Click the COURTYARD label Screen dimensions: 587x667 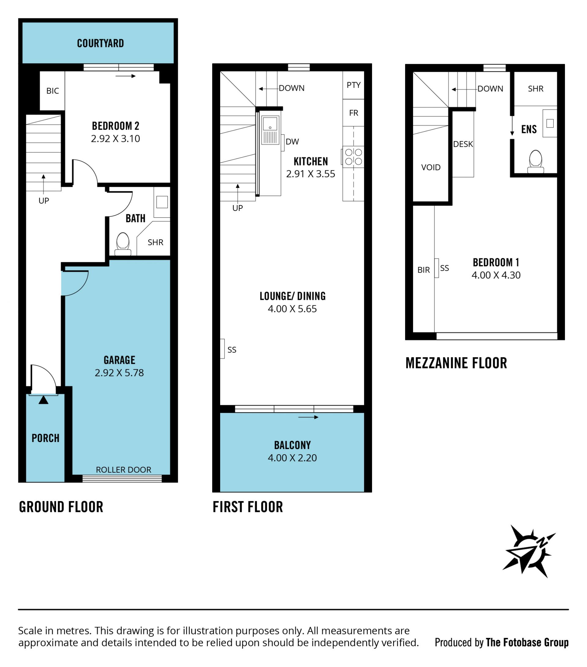(100, 43)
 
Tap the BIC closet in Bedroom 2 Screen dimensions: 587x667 (52, 91)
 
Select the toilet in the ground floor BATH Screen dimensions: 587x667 (123, 243)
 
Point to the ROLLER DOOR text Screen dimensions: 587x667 (123, 470)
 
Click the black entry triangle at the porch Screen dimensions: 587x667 (43, 400)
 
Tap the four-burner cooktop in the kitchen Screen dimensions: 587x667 (353, 157)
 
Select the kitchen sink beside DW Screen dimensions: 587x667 (270, 130)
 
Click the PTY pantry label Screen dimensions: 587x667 (354, 85)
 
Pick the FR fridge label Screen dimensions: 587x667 (354, 113)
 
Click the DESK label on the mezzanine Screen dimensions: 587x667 (463, 144)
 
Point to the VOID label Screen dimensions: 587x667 (431, 168)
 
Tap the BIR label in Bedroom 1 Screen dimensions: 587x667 (423, 270)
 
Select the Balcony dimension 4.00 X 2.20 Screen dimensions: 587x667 (292, 458)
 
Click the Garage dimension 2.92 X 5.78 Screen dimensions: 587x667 (119, 373)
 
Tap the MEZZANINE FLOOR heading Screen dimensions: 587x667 (456, 363)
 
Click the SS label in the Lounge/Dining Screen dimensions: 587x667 (232, 350)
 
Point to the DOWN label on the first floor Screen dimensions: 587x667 (291, 88)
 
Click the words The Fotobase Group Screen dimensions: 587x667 (527, 643)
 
